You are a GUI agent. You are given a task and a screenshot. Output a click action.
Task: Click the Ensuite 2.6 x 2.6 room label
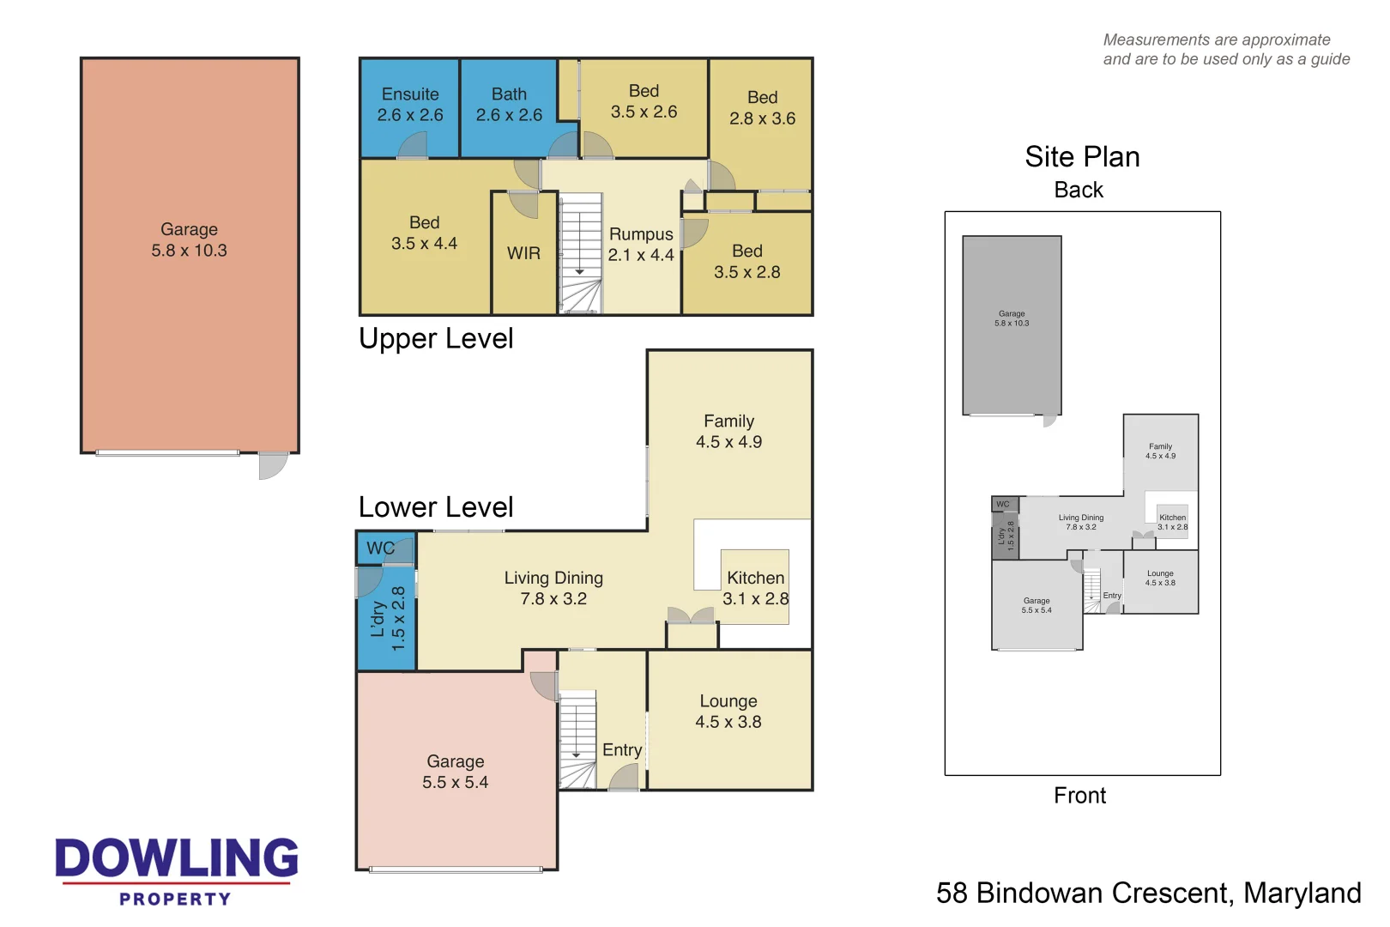(410, 105)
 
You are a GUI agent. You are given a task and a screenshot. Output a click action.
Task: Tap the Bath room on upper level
(509, 105)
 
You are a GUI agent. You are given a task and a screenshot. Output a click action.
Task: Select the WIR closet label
(523, 253)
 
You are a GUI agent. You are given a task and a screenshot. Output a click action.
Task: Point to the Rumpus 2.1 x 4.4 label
(641, 245)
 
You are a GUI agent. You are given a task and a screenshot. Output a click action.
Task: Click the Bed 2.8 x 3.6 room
(762, 108)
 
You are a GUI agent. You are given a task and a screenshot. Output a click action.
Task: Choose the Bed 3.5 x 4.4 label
(424, 233)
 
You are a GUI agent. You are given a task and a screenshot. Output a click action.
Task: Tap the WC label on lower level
(380, 548)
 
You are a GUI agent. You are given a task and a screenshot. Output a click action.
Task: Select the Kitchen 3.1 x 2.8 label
(755, 588)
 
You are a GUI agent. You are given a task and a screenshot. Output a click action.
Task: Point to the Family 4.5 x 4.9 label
(728, 432)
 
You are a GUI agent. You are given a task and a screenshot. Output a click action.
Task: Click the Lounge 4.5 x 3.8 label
(728, 712)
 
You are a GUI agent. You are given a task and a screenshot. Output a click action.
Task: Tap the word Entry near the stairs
(621, 750)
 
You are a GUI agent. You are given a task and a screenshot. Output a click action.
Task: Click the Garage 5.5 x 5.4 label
(455, 772)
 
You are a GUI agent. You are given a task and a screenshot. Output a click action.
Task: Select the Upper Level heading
(436, 339)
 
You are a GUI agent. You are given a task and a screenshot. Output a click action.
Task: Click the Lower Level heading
(436, 507)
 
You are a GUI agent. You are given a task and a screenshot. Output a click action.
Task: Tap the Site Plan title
(1081, 157)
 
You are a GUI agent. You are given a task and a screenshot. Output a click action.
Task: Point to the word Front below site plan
(1079, 796)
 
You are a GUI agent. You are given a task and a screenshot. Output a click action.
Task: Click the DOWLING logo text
(177, 858)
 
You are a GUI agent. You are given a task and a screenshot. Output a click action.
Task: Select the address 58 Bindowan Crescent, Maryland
(1148, 894)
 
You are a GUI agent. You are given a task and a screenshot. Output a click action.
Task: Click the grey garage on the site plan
(1012, 326)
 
